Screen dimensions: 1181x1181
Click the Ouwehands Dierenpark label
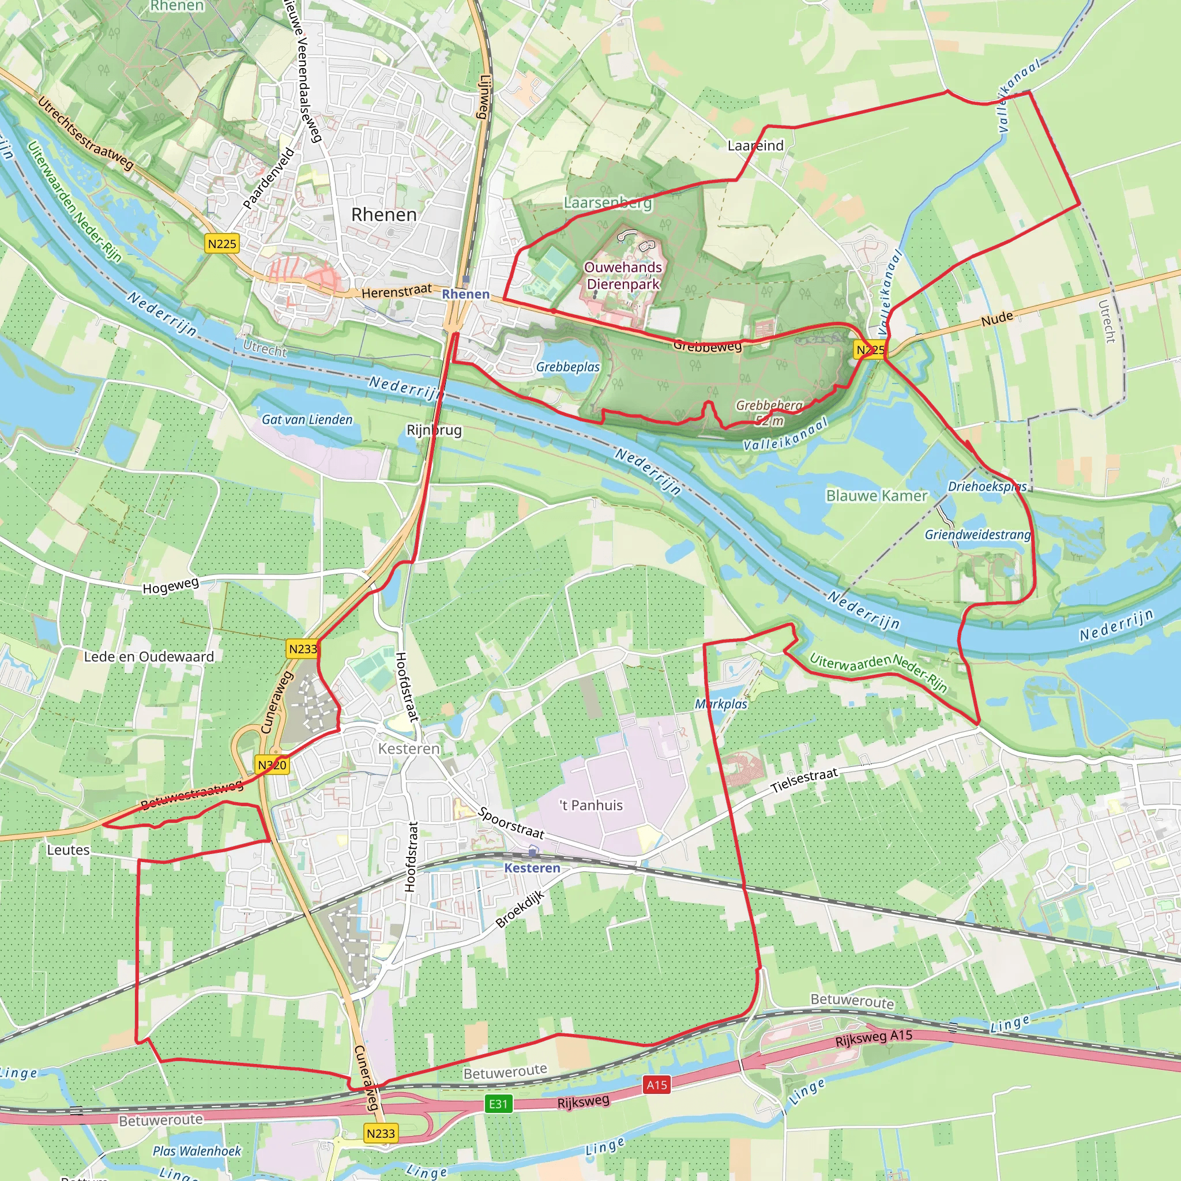pyautogui.click(x=623, y=276)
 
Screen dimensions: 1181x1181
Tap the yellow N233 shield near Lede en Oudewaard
pyautogui.click(x=303, y=649)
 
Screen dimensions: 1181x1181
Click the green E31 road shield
pyautogui.click(x=498, y=1104)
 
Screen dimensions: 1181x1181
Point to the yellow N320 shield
pyautogui.click(x=272, y=765)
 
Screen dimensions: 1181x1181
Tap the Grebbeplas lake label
pyautogui.click(x=568, y=367)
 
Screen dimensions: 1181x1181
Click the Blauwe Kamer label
pyautogui.click(x=877, y=496)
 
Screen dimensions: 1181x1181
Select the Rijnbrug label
pyautogui.click(x=434, y=430)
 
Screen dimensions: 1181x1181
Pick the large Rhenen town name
pyautogui.click(x=384, y=215)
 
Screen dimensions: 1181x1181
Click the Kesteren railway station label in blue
pyautogui.click(x=532, y=868)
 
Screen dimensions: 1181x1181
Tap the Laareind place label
pyautogui.click(x=755, y=145)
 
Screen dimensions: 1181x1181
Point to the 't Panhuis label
pyautogui.click(x=591, y=806)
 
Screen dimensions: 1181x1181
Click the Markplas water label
pyautogui.click(x=721, y=704)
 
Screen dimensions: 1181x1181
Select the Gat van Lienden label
pyautogui.click(x=307, y=419)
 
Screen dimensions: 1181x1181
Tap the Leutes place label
pyautogui.click(x=69, y=849)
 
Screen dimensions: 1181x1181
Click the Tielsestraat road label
pyautogui.click(x=804, y=781)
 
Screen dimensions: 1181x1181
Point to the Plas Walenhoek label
pyautogui.click(x=197, y=1151)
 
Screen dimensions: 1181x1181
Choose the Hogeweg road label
pyautogui.click(x=171, y=585)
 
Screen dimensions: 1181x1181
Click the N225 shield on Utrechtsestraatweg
pyautogui.click(x=222, y=244)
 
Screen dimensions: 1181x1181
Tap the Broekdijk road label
pyautogui.click(x=520, y=909)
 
